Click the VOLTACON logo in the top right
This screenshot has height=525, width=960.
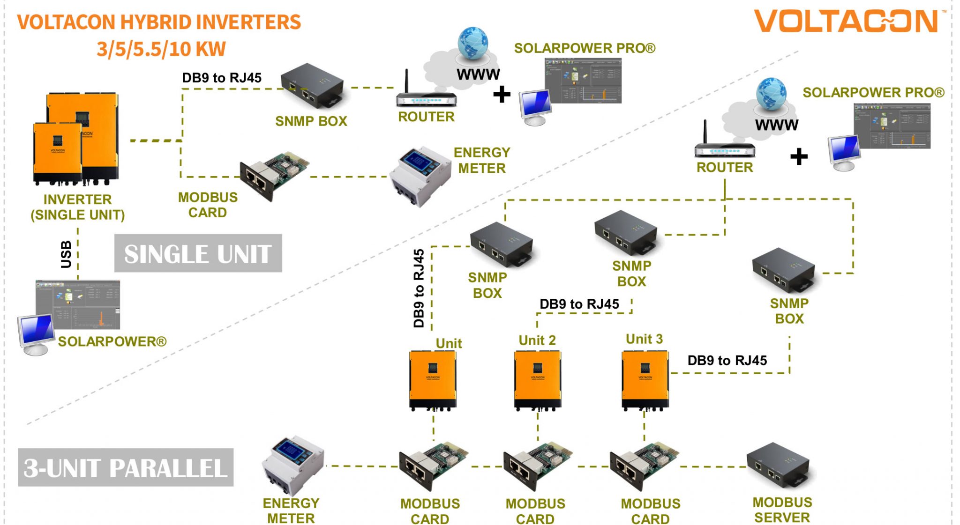848,22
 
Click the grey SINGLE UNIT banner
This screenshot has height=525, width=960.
198,253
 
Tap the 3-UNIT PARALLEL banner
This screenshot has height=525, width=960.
126,467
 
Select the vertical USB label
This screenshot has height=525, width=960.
66,254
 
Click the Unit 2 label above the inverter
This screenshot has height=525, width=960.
537,340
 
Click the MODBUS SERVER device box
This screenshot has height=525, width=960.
779,466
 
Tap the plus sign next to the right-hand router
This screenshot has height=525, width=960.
799,156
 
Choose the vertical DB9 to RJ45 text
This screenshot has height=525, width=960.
419,288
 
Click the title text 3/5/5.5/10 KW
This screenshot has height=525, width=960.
161,49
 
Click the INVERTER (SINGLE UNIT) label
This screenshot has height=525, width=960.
78,207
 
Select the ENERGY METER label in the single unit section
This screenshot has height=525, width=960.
481,160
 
